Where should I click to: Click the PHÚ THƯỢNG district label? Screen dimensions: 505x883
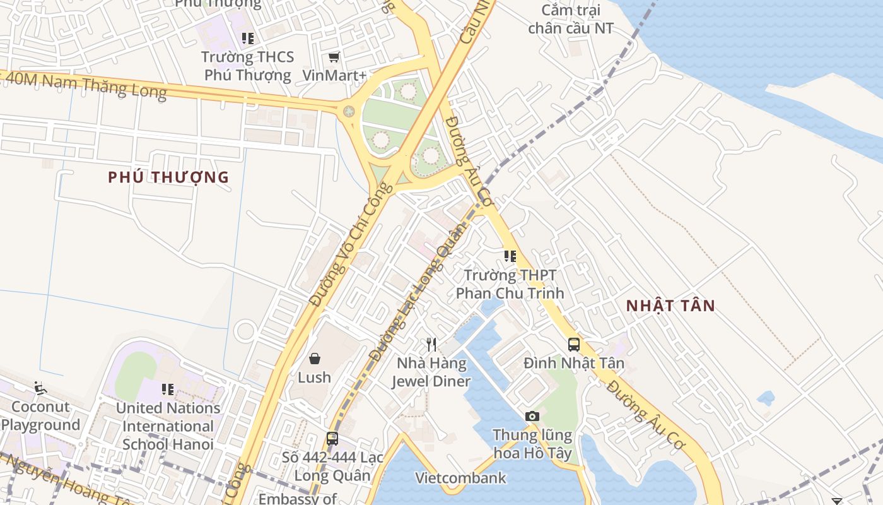click(x=168, y=177)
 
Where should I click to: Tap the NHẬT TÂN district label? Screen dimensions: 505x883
click(x=670, y=306)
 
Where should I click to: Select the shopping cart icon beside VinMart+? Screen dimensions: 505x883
click(x=334, y=57)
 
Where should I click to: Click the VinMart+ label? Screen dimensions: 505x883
click(x=334, y=75)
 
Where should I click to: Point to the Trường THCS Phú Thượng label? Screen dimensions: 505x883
click(x=247, y=66)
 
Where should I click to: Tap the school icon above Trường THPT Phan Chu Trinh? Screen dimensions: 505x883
click(x=510, y=256)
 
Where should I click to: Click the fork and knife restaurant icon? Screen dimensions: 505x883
click(x=431, y=345)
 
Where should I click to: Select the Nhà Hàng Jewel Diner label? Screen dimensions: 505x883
click(x=431, y=372)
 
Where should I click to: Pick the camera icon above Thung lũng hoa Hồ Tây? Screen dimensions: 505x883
click(x=532, y=416)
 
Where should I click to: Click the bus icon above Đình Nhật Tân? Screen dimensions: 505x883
click(x=574, y=345)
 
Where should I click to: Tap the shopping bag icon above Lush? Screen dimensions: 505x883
click(x=314, y=359)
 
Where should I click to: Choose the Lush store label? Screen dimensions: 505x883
click(x=314, y=377)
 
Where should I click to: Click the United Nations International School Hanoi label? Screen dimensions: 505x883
click(x=168, y=426)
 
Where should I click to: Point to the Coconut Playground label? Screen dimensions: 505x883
click(x=40, y=416)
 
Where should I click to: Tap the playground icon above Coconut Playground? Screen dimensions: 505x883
click(x=40, y=388)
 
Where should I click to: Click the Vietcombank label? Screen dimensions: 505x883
click(x=460, y=478)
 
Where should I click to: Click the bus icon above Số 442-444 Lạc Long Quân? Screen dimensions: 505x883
click(x=332, y=438)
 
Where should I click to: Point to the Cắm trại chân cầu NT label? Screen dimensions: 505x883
click(x=570, y=20)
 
